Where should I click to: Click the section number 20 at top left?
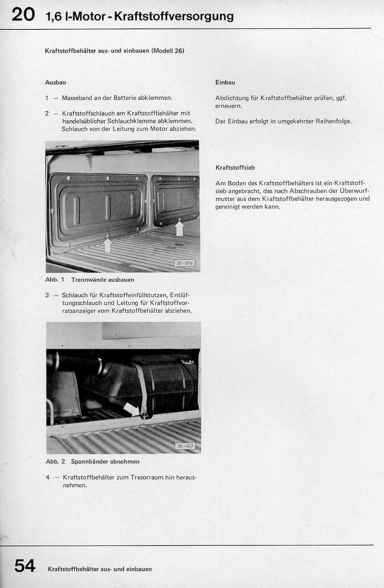[x=23, y=15]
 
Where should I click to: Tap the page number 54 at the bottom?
[x=25, y=565]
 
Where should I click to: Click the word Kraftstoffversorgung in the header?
[x=174, y=16]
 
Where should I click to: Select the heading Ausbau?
[x=55, y=82]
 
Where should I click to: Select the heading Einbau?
[x=225, y=82]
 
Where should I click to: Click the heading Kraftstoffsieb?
[x=235, y=167]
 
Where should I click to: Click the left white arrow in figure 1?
[x=108, y=245]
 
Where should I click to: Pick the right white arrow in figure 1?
[x=179, y=227]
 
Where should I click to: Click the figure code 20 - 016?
[x=184, y=263]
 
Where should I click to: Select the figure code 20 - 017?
[x=184, y=446]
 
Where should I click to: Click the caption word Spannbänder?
[x=89, y=461]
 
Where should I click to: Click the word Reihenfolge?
[x=333, y=121]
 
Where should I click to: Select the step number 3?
[x=47, y=295]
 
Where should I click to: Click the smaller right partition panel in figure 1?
[x=175, y=199]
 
